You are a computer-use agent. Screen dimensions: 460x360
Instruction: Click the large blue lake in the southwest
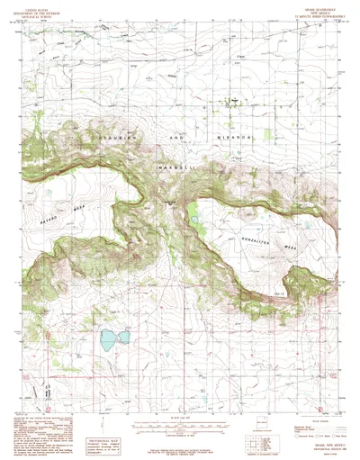point(110,339)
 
